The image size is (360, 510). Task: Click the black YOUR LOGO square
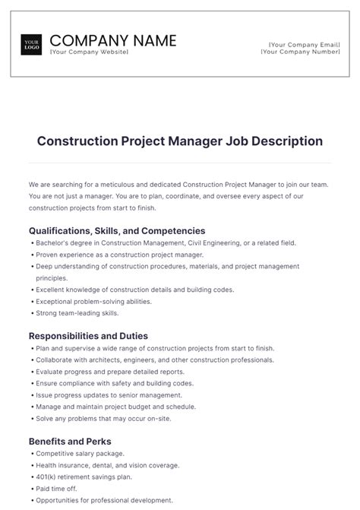(x=32, y=44)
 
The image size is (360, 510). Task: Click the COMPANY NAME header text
(x=112, y=40)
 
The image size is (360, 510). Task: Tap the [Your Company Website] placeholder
(x=88, y=52)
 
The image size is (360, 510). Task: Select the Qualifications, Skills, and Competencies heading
(x=117, y=230)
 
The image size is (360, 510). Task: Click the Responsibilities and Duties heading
(x=88, y=335)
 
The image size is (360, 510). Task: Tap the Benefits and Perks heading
(x=70, y=441)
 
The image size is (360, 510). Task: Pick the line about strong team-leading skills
(x=77, y=312)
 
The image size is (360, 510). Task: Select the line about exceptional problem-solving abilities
(x=95, y=301)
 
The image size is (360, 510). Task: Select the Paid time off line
(x=57, y=489)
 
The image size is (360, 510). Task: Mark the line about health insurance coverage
(x=107, y=465)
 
